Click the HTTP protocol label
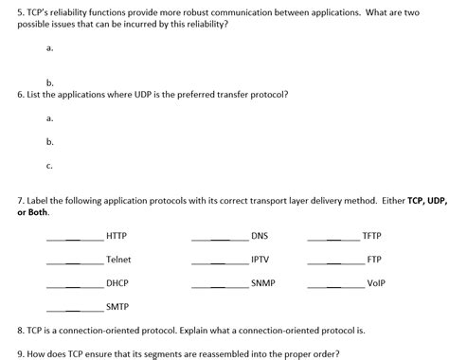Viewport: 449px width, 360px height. (117, 235)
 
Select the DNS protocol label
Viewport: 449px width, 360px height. (260, 235)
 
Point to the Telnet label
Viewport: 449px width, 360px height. (118, 259)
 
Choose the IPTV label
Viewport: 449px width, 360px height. (260, 259)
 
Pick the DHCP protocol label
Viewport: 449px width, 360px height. (117, 282)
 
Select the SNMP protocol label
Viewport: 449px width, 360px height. (263, 282)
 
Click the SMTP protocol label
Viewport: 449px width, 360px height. (117, 307)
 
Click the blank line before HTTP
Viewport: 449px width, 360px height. (75, 239)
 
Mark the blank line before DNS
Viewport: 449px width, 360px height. (220, 239)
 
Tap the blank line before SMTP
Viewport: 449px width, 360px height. (75, 311)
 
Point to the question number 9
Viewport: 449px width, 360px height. (21, 351)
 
